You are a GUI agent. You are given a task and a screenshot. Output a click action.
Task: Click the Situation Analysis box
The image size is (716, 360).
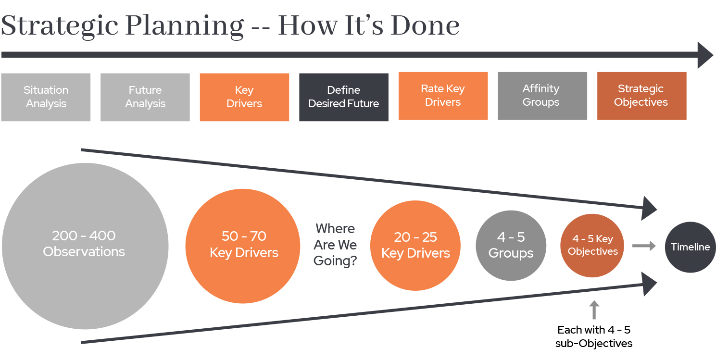[46, 97]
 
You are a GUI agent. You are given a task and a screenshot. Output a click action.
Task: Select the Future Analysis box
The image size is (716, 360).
[145, 97]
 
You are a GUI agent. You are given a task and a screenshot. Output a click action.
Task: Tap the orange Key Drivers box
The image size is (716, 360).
[245, 97]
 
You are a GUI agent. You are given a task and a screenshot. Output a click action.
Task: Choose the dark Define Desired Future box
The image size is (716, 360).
[344, 97]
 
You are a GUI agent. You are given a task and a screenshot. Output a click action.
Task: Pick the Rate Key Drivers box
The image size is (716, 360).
[443, 96]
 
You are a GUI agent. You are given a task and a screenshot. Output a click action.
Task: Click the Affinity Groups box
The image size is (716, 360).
[542, 96]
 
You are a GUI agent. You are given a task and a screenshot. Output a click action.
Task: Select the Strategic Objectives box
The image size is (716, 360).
[642, 96]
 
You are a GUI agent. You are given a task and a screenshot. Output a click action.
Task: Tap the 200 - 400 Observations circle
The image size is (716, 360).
[85, 246]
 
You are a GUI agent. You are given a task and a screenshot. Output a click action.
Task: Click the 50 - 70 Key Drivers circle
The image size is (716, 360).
[243, 246]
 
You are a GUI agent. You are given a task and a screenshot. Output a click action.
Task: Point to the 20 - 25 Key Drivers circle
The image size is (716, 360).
[415, 245]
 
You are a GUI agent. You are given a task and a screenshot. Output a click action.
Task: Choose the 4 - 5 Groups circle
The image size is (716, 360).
[511, 245]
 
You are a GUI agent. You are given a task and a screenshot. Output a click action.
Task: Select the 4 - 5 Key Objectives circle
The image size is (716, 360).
[592, 245]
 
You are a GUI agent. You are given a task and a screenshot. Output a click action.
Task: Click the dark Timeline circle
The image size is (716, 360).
[690, 247]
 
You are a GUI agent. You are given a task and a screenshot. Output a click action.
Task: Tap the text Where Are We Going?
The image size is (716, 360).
[335, 245]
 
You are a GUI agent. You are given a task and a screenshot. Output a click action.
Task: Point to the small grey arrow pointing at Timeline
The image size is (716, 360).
[644, 246]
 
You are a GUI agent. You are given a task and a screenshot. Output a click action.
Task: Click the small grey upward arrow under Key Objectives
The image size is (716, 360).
[594, 310]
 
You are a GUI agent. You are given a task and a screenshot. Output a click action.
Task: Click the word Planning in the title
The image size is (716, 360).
[185, 26]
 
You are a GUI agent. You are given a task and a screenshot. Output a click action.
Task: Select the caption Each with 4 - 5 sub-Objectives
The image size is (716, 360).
[593, 336]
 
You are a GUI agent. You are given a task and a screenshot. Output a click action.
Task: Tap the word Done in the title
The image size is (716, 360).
[425, 25]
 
